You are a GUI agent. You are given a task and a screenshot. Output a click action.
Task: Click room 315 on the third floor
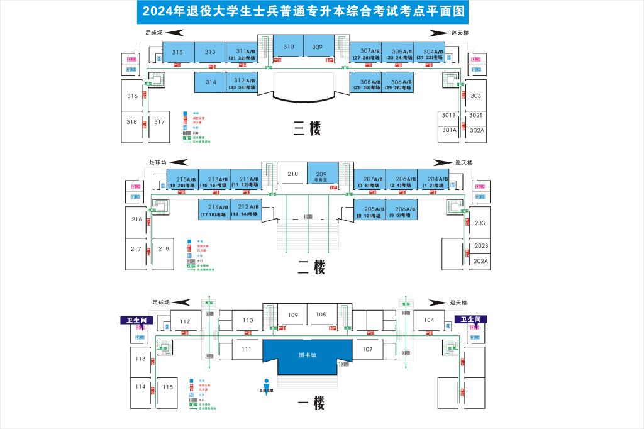coord(178,53)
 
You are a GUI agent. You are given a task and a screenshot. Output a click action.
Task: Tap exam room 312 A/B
coord(242,83)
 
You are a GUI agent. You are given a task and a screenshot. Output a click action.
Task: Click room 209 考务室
coord(321,175)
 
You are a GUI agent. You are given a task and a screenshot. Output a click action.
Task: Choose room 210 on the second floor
coord(292,174)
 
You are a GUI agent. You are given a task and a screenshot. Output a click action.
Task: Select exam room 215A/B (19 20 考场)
coord(182,182)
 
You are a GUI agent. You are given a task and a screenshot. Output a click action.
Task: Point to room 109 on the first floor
coord(292,315)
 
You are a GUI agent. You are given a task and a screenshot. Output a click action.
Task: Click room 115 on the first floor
coord(167,387)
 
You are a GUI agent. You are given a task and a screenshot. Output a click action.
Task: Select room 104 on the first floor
coord(429,320)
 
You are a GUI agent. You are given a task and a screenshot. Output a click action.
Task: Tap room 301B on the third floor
coord(448,116)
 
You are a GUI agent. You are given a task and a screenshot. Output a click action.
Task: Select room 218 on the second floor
coord(164,249)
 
